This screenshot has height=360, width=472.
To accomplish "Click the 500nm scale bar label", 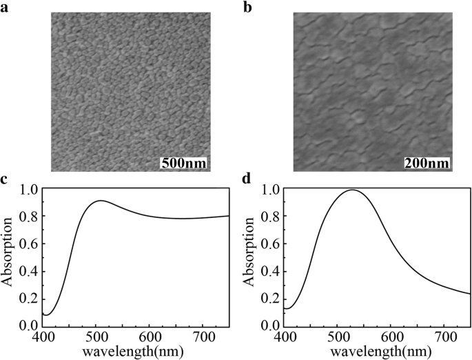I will tap(183, 163).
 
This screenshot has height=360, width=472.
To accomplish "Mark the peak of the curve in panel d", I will tap(353, 190).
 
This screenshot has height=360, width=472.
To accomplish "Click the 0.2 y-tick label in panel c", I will tap(30, 298).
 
